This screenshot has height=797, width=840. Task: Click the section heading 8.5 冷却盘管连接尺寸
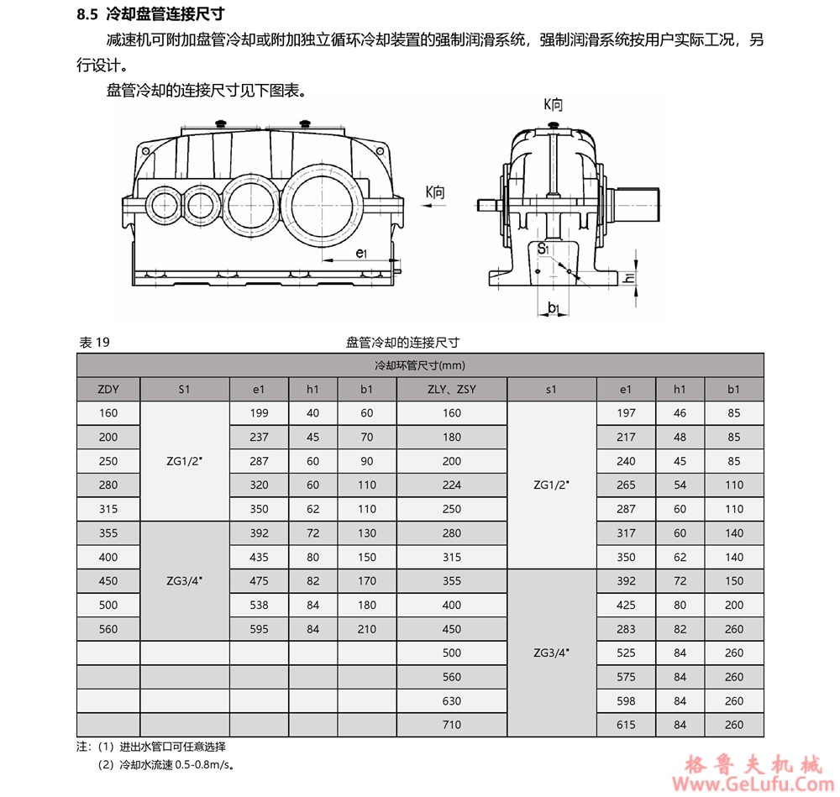tap(150, 14)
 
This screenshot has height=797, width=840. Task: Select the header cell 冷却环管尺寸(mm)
tap(420, 365)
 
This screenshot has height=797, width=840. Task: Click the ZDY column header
tap(108, 389)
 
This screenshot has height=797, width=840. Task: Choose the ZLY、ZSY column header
tap(452, 389)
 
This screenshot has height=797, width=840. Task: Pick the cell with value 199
tap(260, 413)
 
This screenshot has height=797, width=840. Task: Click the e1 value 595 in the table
tap(260, 629)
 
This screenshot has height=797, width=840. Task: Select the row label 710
tap(452, 725)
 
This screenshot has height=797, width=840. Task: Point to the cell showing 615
tap(626, 725)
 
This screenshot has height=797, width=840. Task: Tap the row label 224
tap(452, 485)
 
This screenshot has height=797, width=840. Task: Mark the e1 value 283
tap(626, 629)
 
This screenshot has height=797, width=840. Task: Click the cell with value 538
tap(260, 605)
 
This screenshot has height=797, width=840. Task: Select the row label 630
tap(452, 701)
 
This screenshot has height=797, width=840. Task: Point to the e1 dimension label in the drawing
tap(360, 251)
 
